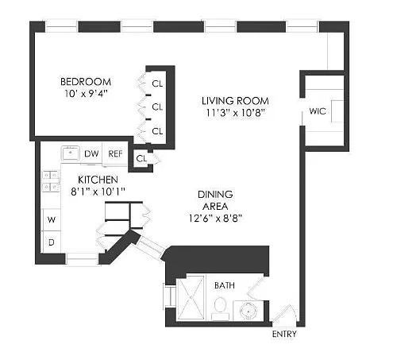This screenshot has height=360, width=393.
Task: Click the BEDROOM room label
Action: pyautogui.click(x=86, y=82)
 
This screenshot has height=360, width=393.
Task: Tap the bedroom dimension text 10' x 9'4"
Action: pyautogui.click(x=87, y=94)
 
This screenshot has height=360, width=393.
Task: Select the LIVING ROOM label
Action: pyautogui.click(x=235, y=101)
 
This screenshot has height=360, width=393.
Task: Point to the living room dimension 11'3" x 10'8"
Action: pyautogui.click(x=236, y=113)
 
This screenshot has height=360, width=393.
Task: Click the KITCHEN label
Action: pyautogui.click(x=98, y=180)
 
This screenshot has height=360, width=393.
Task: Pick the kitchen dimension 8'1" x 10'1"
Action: pyautogui.click(x=98, y=192)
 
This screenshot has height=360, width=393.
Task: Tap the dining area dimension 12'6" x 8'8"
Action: pyautogui.click(x=215, y=219)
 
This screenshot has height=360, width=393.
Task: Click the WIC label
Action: pyautogui.click(x=318, y=111)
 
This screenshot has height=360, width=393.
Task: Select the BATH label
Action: pyautogui.click(x=225, y=285)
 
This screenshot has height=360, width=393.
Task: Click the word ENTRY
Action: pyautogui.click(x=284, y=335)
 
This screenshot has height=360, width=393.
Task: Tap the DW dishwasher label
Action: pyautogui.click(x=91, y=153)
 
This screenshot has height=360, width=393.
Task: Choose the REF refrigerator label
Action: pyautogui.click(x=115, y=153)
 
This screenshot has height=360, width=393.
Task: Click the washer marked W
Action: pyautogui.click(x=52, y=219)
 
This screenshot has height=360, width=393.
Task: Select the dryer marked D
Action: pyautogui.click(x=52, y=242)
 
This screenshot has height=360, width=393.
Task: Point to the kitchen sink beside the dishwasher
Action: pyautogui.click(x=71, y=153)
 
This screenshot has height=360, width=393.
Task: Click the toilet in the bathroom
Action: pyautogui.click(x=220, y=308)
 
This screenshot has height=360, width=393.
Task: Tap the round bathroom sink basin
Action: pyautogui.click(x=249, y=311)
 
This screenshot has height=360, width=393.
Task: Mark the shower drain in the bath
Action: pyautogui.click(x=191, y=297)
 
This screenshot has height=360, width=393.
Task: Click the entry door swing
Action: pyautogui.click(x=285, y=315)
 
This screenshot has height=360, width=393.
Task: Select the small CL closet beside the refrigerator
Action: pyautogui.click(x=141, y=158)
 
